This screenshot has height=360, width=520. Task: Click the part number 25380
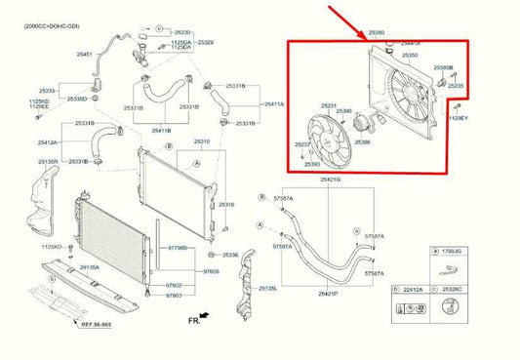coord(376,33)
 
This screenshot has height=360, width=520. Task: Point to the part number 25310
coord(201,141)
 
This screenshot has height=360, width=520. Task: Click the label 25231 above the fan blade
coord(329,105)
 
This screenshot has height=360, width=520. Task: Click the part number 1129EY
coord(458,118)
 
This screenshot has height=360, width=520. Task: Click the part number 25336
coord(230,255)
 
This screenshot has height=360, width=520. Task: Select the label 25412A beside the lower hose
coord(50,143)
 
